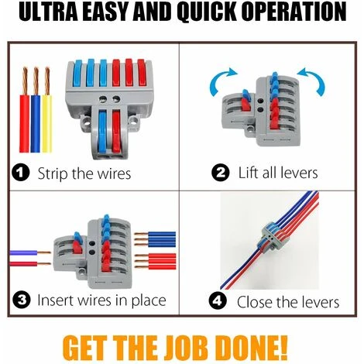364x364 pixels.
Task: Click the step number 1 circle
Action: tap(21, 173)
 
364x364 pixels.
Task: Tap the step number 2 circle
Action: tap(220, 173)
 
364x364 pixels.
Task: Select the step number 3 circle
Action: tap(22, 300)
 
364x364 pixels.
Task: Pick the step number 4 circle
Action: tap(218, 301)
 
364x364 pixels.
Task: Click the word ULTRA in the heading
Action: tap(48, 12)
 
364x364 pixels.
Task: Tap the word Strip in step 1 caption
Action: tap(53, 173)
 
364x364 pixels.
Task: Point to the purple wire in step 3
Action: tap(30, 252)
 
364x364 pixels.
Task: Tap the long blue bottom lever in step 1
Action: tap(102, 132)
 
